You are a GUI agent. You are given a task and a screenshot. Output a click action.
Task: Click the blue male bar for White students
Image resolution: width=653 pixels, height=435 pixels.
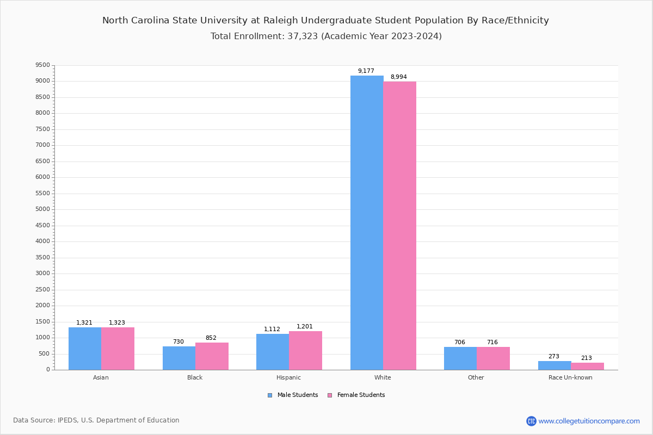point(367,223)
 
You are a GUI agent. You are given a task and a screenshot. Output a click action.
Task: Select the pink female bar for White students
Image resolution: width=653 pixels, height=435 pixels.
point(399,226)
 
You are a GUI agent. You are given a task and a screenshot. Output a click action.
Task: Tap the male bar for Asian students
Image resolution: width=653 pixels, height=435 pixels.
point(85,349)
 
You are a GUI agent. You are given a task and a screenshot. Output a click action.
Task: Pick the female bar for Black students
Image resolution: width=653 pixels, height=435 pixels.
point(212,356)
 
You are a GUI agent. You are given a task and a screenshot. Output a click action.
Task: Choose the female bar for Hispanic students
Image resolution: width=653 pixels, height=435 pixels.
point(305,351)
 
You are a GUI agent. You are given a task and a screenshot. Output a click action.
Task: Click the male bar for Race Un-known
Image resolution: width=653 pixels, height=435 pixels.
point(555,365)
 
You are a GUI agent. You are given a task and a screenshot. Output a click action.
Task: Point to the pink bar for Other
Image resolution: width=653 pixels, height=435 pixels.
point(493,358)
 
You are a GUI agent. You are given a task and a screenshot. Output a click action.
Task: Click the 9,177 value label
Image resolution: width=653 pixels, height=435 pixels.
point(366,71)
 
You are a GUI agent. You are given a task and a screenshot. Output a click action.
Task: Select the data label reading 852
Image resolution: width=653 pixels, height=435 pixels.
point(211,338)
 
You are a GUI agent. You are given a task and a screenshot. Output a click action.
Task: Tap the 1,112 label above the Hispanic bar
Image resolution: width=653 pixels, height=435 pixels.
point(272,330)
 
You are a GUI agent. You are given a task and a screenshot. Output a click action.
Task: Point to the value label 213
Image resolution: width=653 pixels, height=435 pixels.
point(586,358)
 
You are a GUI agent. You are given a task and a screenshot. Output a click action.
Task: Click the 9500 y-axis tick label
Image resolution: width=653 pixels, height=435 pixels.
point(42,65)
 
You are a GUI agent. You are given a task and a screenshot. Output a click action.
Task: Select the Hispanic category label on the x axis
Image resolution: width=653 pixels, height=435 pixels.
point(288,377)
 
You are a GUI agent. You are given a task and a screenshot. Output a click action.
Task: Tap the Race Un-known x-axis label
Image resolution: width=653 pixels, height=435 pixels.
point(570,377)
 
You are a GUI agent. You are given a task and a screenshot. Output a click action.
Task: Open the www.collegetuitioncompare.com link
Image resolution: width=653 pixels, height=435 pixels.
point(589,421)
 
